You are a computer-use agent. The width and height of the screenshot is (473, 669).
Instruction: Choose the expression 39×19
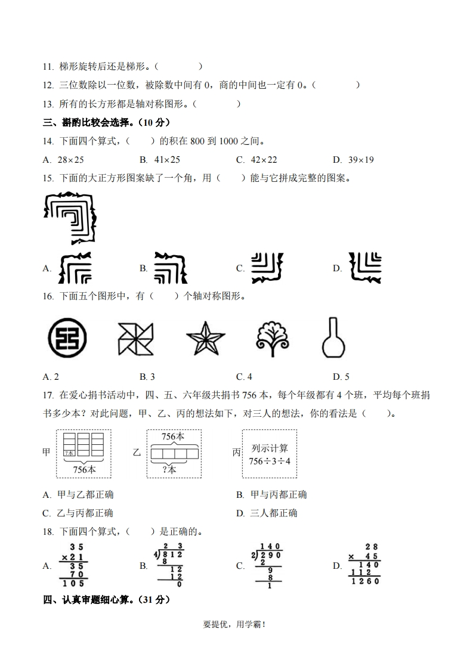[360, 160]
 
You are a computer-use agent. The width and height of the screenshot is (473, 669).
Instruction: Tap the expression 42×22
[264, 160]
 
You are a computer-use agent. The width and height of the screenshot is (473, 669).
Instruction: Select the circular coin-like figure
[66, 339]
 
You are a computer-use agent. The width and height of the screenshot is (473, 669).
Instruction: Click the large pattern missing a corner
[70, 217]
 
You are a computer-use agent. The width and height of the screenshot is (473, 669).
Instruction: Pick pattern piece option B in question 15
[171, 268]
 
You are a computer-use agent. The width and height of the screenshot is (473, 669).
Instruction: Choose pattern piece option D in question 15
[365, 268]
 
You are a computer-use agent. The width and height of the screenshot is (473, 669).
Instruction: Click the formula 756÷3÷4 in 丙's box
[270, 461]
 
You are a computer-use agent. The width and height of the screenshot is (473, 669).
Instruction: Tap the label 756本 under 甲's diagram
[84, 469]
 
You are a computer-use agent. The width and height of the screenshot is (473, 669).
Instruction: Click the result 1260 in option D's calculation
[365, 581]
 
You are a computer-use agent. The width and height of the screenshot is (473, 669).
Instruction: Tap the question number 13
[48, 104]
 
